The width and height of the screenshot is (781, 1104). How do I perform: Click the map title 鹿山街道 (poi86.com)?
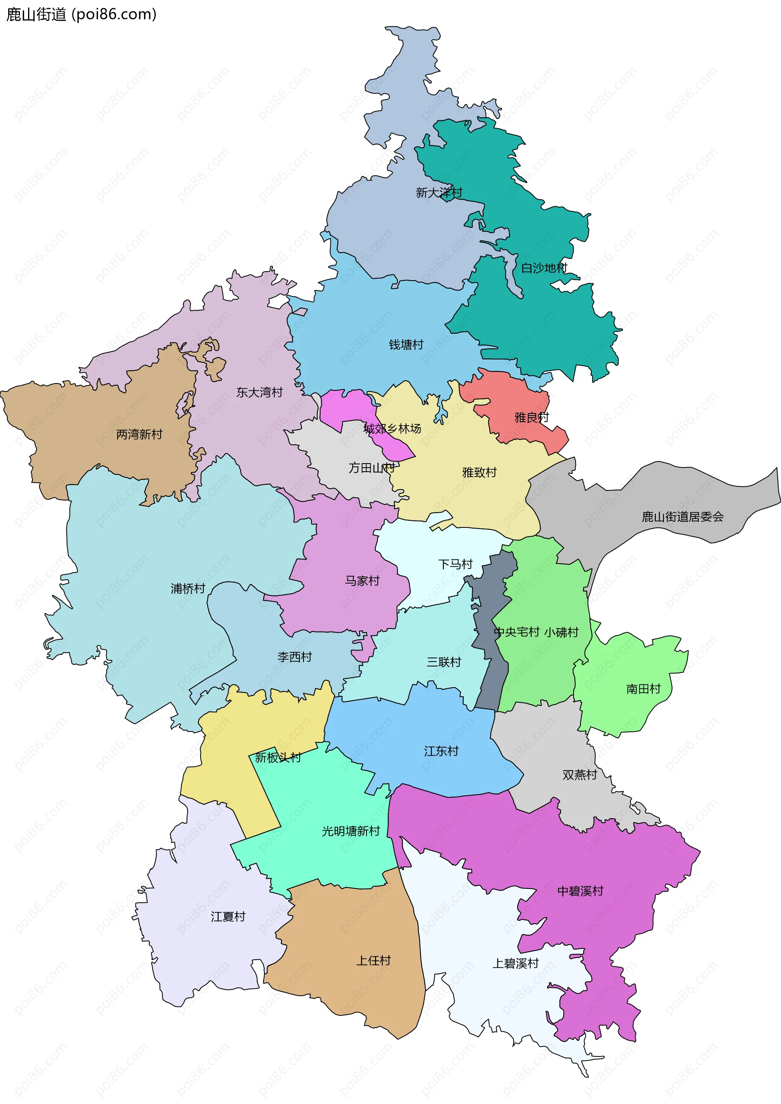click(x=81, y=14)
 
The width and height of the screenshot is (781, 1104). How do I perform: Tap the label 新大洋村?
click(x=438, y=193)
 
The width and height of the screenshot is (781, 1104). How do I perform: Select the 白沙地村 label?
click(x=544, y=268)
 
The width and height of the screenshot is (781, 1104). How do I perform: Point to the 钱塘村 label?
click(x=406, y=345)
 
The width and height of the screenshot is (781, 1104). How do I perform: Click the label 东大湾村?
click(x=259, y=392)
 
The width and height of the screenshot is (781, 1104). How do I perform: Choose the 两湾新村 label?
click(x=140, y=435)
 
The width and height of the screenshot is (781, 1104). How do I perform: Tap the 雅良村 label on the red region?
click(x=531, y=417)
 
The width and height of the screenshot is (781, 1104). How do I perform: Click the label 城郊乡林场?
click(x=392, y=429)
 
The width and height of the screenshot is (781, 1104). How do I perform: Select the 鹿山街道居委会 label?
click(x=683, y=517)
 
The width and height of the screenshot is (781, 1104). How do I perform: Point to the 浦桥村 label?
click(x=188, y=588)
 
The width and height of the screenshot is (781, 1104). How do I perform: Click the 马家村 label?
click(x=362, y=581)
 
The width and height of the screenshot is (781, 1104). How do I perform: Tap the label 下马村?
click(x=455, y=564)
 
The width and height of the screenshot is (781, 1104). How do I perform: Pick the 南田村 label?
click(x=643, y=689)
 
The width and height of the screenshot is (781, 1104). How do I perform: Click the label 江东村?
click(x=441, y=751)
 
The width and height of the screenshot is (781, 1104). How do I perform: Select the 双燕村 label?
click(x=580, y=775)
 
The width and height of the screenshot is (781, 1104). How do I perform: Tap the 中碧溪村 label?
click(x=580, y=891)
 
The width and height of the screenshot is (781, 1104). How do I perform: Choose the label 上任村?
click(x=373, y=961)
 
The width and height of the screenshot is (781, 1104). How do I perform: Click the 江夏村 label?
click(x=228, y=917)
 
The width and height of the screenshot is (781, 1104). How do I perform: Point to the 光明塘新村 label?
click(x=351, y=832)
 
